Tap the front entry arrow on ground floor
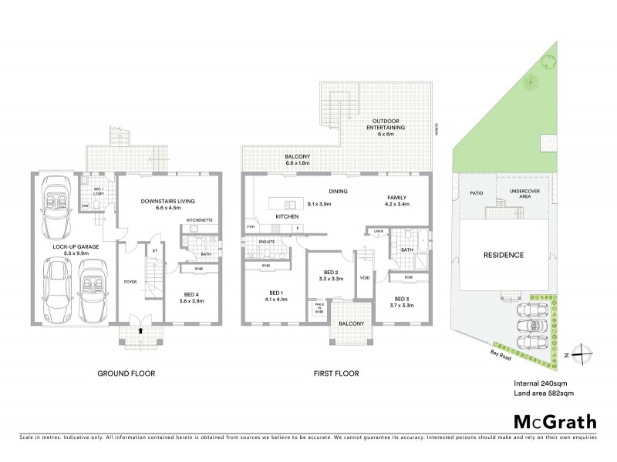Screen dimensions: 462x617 coord(140,330)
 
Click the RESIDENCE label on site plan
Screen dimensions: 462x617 coord(504,255)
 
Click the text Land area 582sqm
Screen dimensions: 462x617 coord(543,393)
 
